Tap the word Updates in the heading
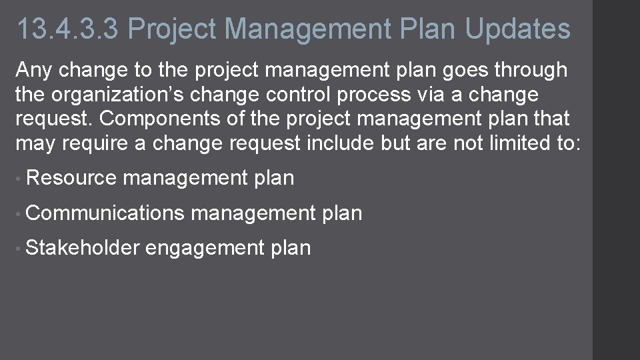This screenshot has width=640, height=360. (517, 29)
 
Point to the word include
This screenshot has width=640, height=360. (340, 143)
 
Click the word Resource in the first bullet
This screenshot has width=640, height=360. (71, 178)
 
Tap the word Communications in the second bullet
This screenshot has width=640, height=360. (105, 213)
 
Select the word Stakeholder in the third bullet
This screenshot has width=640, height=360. (82, 248)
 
